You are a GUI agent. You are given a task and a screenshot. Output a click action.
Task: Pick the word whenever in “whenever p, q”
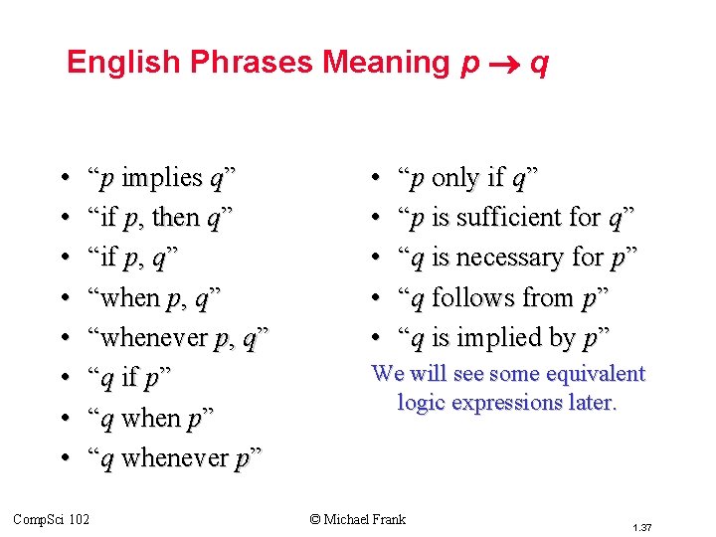[x=154, y=339]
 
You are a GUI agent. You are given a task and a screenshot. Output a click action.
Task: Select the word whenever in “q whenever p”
[x=175, y=459]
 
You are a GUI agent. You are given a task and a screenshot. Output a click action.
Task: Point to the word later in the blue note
[x=594, y=403]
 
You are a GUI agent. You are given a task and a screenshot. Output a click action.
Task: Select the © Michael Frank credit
[x=358, y=518]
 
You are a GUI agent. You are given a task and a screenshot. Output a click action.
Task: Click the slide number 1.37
[x=642, y=525]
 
